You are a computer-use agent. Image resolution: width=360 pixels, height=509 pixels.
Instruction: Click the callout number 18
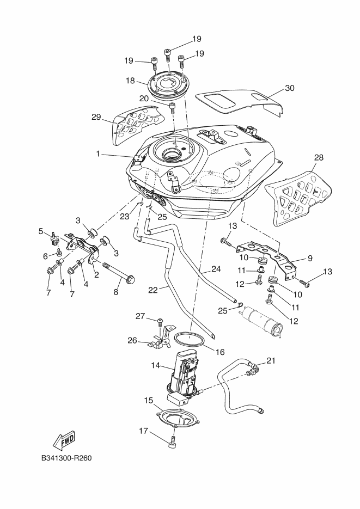[130, 81]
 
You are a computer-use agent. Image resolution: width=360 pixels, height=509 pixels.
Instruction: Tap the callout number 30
[290, 88]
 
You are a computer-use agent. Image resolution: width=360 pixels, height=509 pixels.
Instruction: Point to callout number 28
[319, 157]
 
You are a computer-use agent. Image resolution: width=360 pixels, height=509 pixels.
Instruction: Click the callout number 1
[99, 155]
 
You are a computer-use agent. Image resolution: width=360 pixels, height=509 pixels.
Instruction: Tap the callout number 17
[143, 431]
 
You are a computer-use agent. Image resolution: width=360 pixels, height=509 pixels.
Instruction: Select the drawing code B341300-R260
[66, 458]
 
